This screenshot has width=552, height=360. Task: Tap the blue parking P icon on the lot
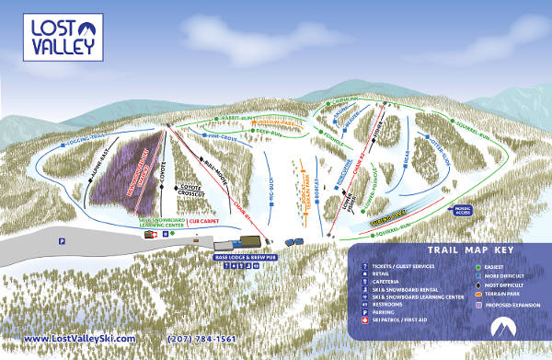click(x=61, y=239)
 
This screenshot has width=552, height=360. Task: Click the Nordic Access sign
click(x=461, y=211)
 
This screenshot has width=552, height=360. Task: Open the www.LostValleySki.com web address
click(x=79, y=339)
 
